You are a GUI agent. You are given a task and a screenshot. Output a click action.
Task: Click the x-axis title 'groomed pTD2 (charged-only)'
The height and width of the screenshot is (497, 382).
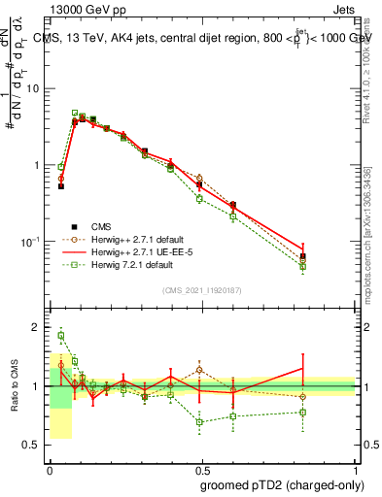[281, 484]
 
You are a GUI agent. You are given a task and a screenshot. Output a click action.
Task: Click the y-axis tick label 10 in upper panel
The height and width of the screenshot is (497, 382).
[31, 88]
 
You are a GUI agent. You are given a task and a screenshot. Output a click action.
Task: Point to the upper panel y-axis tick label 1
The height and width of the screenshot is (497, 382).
[36, 165]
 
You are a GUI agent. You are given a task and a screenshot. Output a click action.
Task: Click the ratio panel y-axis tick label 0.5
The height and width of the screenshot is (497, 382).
[30, 446]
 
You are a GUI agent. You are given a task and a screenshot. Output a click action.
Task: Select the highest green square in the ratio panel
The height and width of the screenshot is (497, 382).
[61, 336]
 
